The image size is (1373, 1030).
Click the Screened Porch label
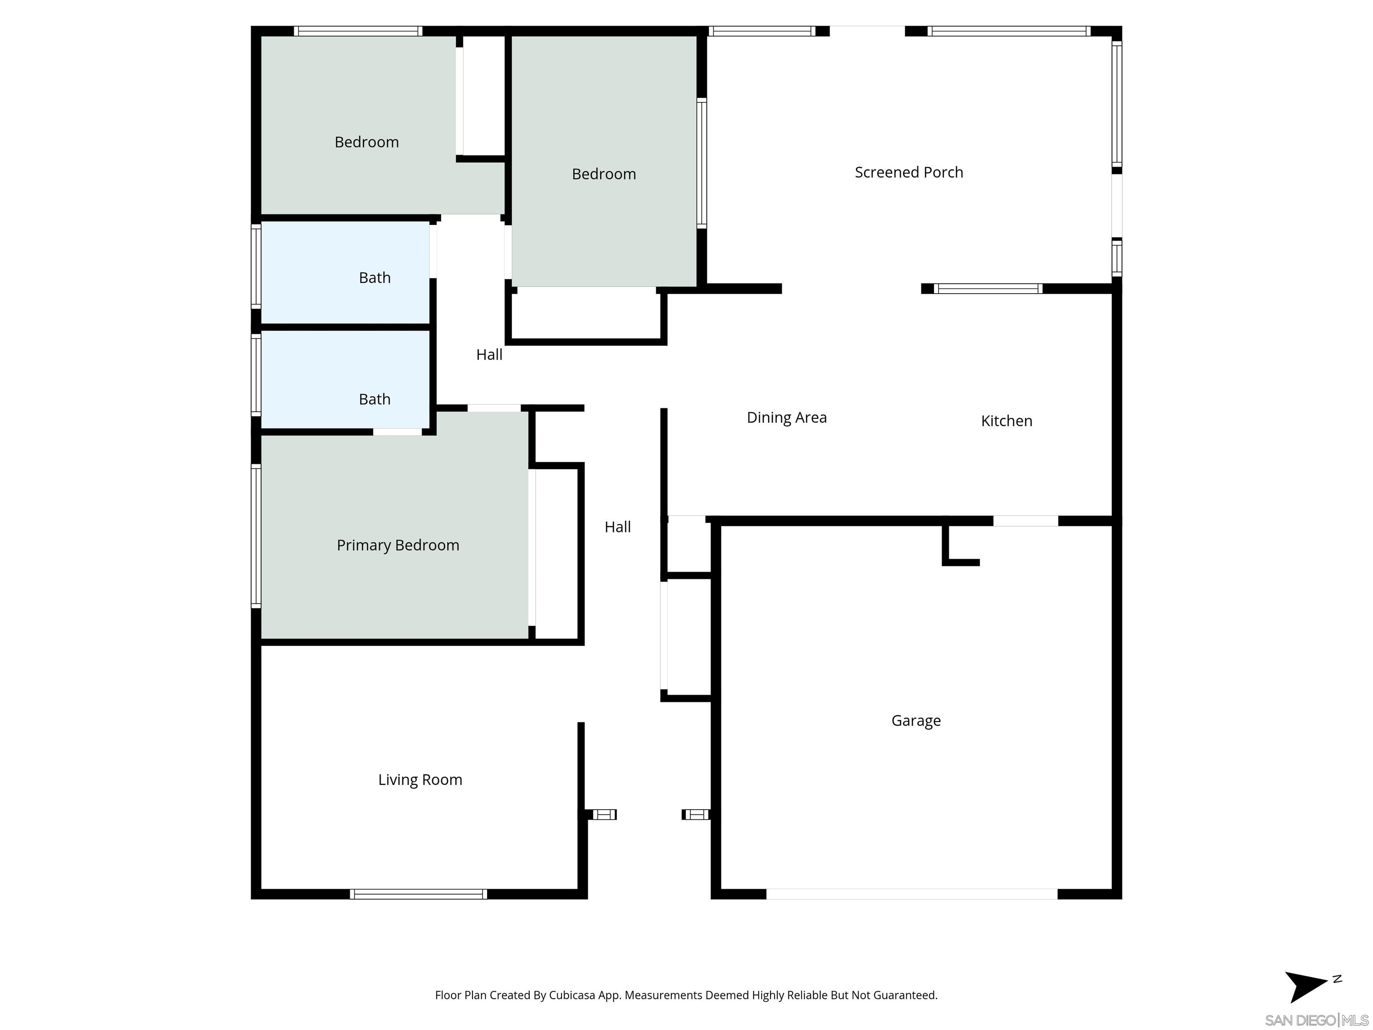click(x=908, y=172)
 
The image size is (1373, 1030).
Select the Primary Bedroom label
click(x=397, y=545)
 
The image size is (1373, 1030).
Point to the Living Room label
click(x=420, y=779)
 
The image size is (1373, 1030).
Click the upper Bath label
click(x=374, y=278)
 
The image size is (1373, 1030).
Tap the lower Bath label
click(x=374, y=399)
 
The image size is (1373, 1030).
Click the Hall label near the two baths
click(x=489, y=355)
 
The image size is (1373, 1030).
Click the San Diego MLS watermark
click(x=1316, y=1021)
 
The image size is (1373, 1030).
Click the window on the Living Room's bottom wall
click(x=418, y=894)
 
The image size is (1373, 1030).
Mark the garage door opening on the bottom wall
click(x=911, y=894)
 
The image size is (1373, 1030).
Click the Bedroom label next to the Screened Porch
click(x=603, y=174)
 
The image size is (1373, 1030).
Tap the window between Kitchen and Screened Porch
click(x=988, y=289)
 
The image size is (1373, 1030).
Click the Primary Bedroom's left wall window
click(x=256, y=535)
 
